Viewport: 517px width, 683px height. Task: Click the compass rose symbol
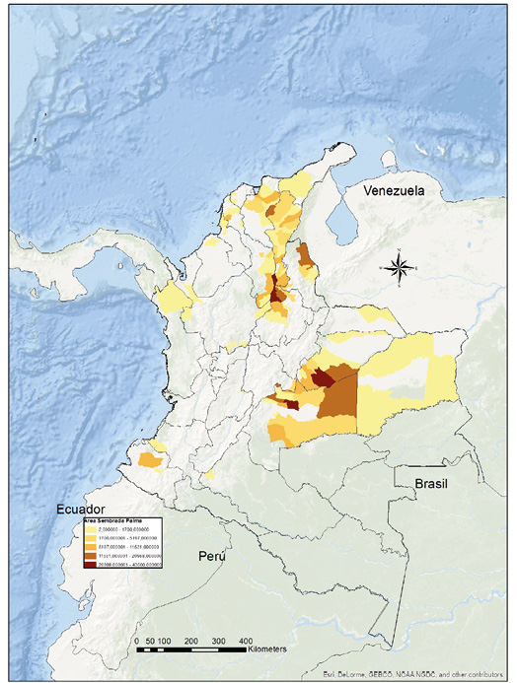click(x=398, y=266)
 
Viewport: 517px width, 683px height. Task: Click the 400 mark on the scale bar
click(x=245, y=640)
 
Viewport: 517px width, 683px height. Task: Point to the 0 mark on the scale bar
click(x=135, y=640)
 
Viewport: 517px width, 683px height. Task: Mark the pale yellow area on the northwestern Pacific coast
click(x=176, y=295)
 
